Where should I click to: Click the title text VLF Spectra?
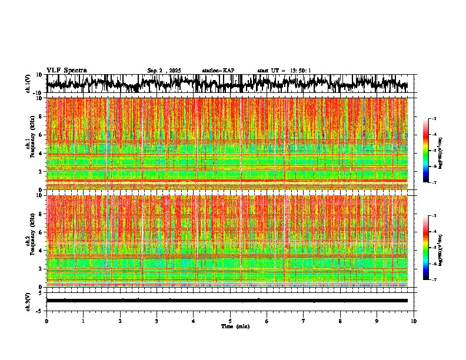click(66, 71)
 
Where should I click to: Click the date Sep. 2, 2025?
click(164, 71)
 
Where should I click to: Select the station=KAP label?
click(218, 71)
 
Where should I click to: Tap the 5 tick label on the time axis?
click(230, 321)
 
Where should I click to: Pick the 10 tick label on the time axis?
click(414, 321)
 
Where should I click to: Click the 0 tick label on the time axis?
click(46, 321)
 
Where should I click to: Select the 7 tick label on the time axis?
click(304, 321)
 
